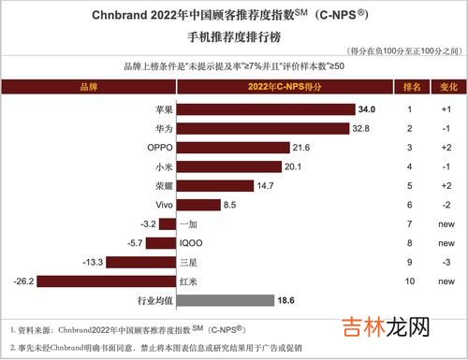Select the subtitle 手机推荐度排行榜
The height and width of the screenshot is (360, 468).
233,37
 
